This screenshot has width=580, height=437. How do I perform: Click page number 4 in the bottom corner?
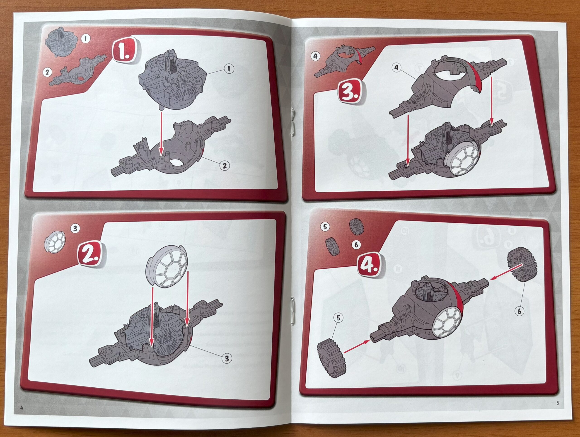pyautogui.click(x=22, y=408)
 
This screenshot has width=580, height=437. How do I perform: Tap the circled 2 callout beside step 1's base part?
pyautogui.click(x=225, y=165)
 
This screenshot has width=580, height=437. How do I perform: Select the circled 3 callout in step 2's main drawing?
pyautogui.click(x=227, y=358)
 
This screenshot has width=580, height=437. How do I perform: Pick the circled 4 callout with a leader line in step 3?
pyautogui.click(x=396, y=68)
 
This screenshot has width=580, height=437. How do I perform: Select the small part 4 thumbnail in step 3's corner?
pyautogui.click(x=345, y=62)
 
